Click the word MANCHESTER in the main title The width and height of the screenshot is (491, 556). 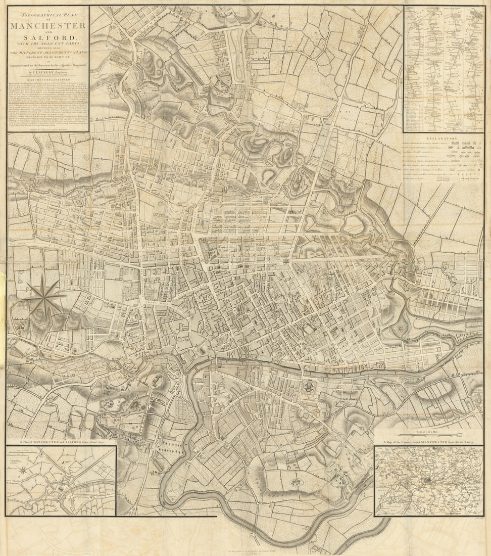[47, 25]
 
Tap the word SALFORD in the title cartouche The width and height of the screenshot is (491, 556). [47, 38]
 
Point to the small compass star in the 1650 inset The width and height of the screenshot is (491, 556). [22, 471]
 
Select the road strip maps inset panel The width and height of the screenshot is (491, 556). [444, 69]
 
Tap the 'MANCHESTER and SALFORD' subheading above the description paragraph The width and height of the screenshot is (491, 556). [47, 80]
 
